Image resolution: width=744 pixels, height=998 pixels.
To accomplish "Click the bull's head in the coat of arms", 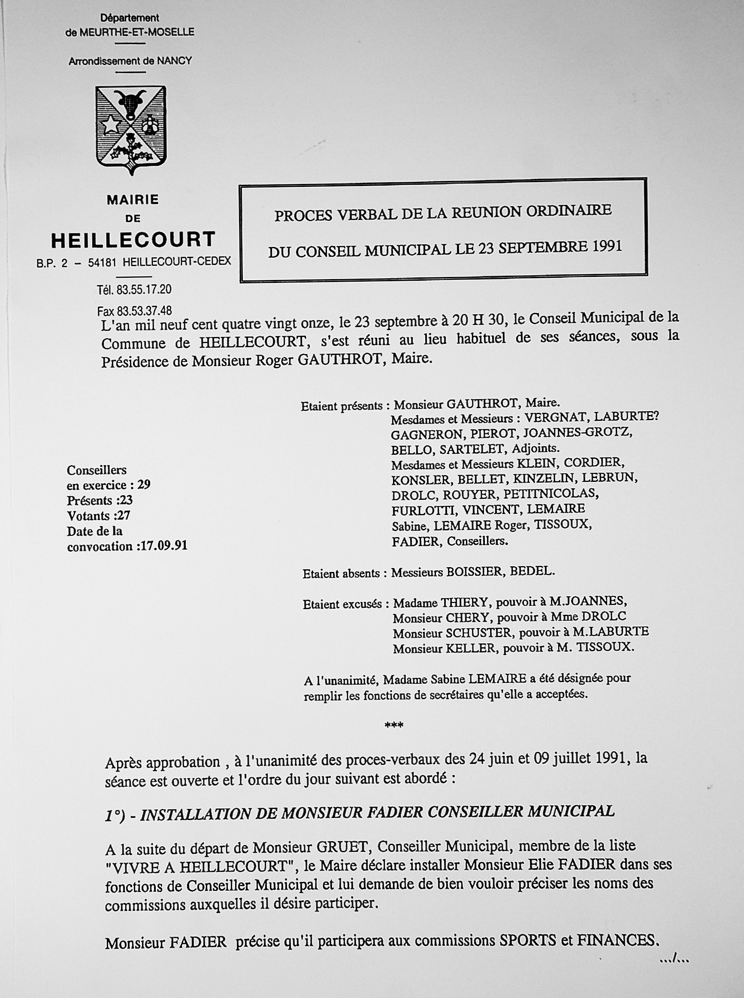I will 130,103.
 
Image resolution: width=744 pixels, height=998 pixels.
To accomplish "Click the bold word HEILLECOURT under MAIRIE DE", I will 133,240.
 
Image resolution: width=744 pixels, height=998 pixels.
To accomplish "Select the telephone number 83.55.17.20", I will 144,290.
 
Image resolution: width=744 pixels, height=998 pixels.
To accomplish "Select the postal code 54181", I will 103,262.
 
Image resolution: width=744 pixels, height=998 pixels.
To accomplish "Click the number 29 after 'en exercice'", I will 144,485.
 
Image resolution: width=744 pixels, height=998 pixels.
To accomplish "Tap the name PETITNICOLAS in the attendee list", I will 551,493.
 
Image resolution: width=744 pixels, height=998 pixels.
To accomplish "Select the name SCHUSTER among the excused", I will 479,633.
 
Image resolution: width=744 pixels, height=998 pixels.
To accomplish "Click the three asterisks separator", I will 393,725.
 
